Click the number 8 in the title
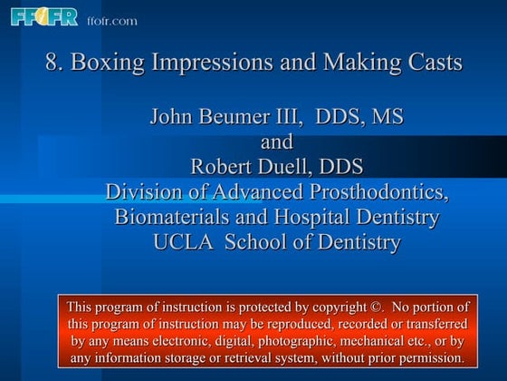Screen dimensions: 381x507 pyautogui.click(x=52, y=63)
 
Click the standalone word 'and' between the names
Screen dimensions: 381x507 pyautogui.click(x=277, y=142)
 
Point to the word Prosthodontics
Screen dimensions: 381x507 pyautogui.click(x=378, y=192)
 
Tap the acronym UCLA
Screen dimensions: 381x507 pyautogui.click(x=185, y=242)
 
